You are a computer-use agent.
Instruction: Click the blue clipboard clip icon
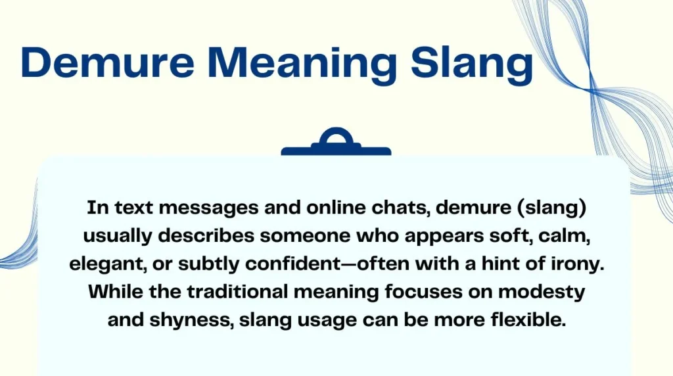point(336,143)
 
